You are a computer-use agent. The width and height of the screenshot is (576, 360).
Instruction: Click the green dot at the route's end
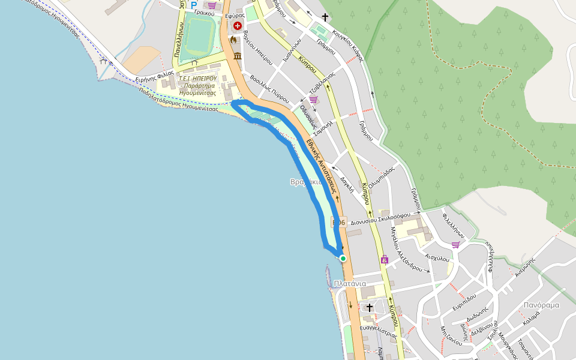[343, 259]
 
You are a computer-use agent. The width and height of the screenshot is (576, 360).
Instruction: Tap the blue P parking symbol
[194, 5]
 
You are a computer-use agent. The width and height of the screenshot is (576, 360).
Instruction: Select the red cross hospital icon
[238, 26]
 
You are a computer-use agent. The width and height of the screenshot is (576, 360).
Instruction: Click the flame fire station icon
[233, 40]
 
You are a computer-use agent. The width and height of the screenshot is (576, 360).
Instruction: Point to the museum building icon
[238, 56]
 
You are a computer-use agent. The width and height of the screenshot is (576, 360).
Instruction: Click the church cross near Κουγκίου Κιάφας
[325, 17]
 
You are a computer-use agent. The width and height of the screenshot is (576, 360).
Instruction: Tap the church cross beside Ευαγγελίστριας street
[370, 307]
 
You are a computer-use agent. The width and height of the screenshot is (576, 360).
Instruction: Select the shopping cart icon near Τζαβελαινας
[313, 99]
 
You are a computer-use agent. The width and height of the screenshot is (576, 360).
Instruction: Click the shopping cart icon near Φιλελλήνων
[456, 244]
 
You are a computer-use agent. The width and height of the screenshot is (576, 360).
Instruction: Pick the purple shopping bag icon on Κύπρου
[385, 260]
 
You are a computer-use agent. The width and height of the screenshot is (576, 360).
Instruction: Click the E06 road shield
[338, 223]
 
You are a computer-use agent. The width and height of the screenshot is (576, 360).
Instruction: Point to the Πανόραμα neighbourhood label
[541, 305]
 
